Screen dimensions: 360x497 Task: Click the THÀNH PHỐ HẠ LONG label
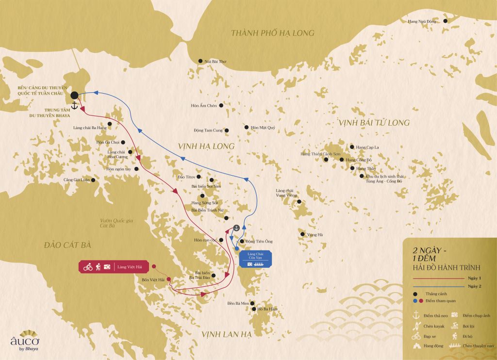(x=272, y=33)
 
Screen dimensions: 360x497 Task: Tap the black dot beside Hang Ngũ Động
(x=445, y=21)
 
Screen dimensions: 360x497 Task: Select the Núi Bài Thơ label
(x=215, y=62)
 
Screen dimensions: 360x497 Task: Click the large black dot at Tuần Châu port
(x=74, y=95)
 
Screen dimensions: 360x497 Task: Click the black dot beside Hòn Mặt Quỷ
(x=247, y=128)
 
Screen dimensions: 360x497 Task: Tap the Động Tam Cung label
(x=208, y=130)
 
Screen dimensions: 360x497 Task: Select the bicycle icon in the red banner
(x=88, y=267)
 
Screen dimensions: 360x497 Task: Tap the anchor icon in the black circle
(x=236, y=228)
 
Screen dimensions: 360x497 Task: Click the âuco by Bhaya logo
(x=24, y=343)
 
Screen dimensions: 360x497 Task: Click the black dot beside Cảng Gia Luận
(x=93, y=180)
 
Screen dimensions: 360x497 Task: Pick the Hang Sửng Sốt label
(x=205, y=202)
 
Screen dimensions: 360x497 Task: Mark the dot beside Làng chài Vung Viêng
(x=299, y=201)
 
